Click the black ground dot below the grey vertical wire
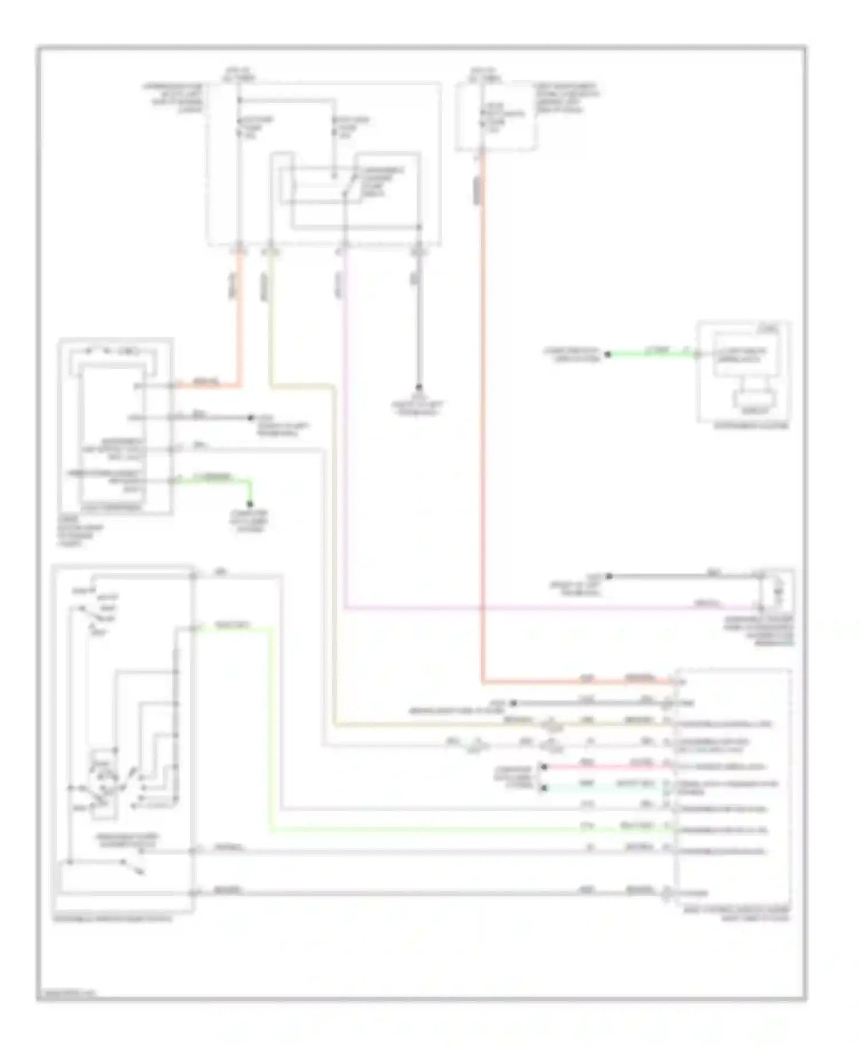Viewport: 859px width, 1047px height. pyautogui.click(x=419, y=387)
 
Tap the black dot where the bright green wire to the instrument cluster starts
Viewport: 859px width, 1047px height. pyautogui.click(x=608, y=354)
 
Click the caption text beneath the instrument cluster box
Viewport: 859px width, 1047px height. pyautogui.click(x=751, y=426)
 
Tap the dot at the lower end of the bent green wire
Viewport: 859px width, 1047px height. pyautogui.click(x=250, y=504)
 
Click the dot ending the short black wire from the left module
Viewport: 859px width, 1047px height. pyautogui.click(x=250, y=418)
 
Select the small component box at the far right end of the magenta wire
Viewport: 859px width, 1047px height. pyautogui.click(x=776, y=590)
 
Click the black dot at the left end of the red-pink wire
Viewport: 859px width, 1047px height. pyautogui.click(x=543, y=766)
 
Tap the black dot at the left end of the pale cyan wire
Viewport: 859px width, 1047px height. pyautogui.click(x=543, y=788)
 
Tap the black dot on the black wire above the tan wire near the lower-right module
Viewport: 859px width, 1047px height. pyautogui.click(x=514, y=703)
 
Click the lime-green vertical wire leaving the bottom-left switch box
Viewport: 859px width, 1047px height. pyautogui.click(x=269, y=727)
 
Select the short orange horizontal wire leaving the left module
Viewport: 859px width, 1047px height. pyautogui.click(x=206, y=385)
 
